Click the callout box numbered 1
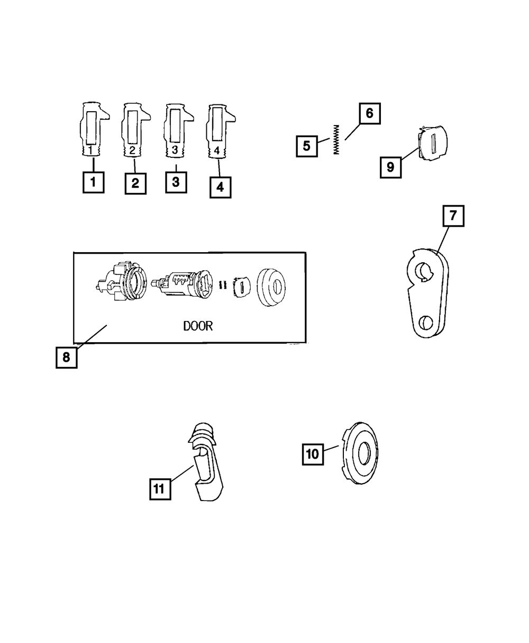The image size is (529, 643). point(93,183)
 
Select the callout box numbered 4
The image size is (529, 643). point(220,187)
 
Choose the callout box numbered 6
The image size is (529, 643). point(369,113)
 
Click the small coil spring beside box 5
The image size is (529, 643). point(335,139)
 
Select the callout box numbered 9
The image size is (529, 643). point(390,167)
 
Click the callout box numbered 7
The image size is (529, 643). point(453,216)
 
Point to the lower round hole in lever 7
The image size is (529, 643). point(426,323)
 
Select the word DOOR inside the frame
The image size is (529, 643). point(198,326)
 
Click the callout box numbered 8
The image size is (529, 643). point(66,357)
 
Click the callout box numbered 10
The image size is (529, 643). point(313,454)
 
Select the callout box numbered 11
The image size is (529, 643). point(159,488)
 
